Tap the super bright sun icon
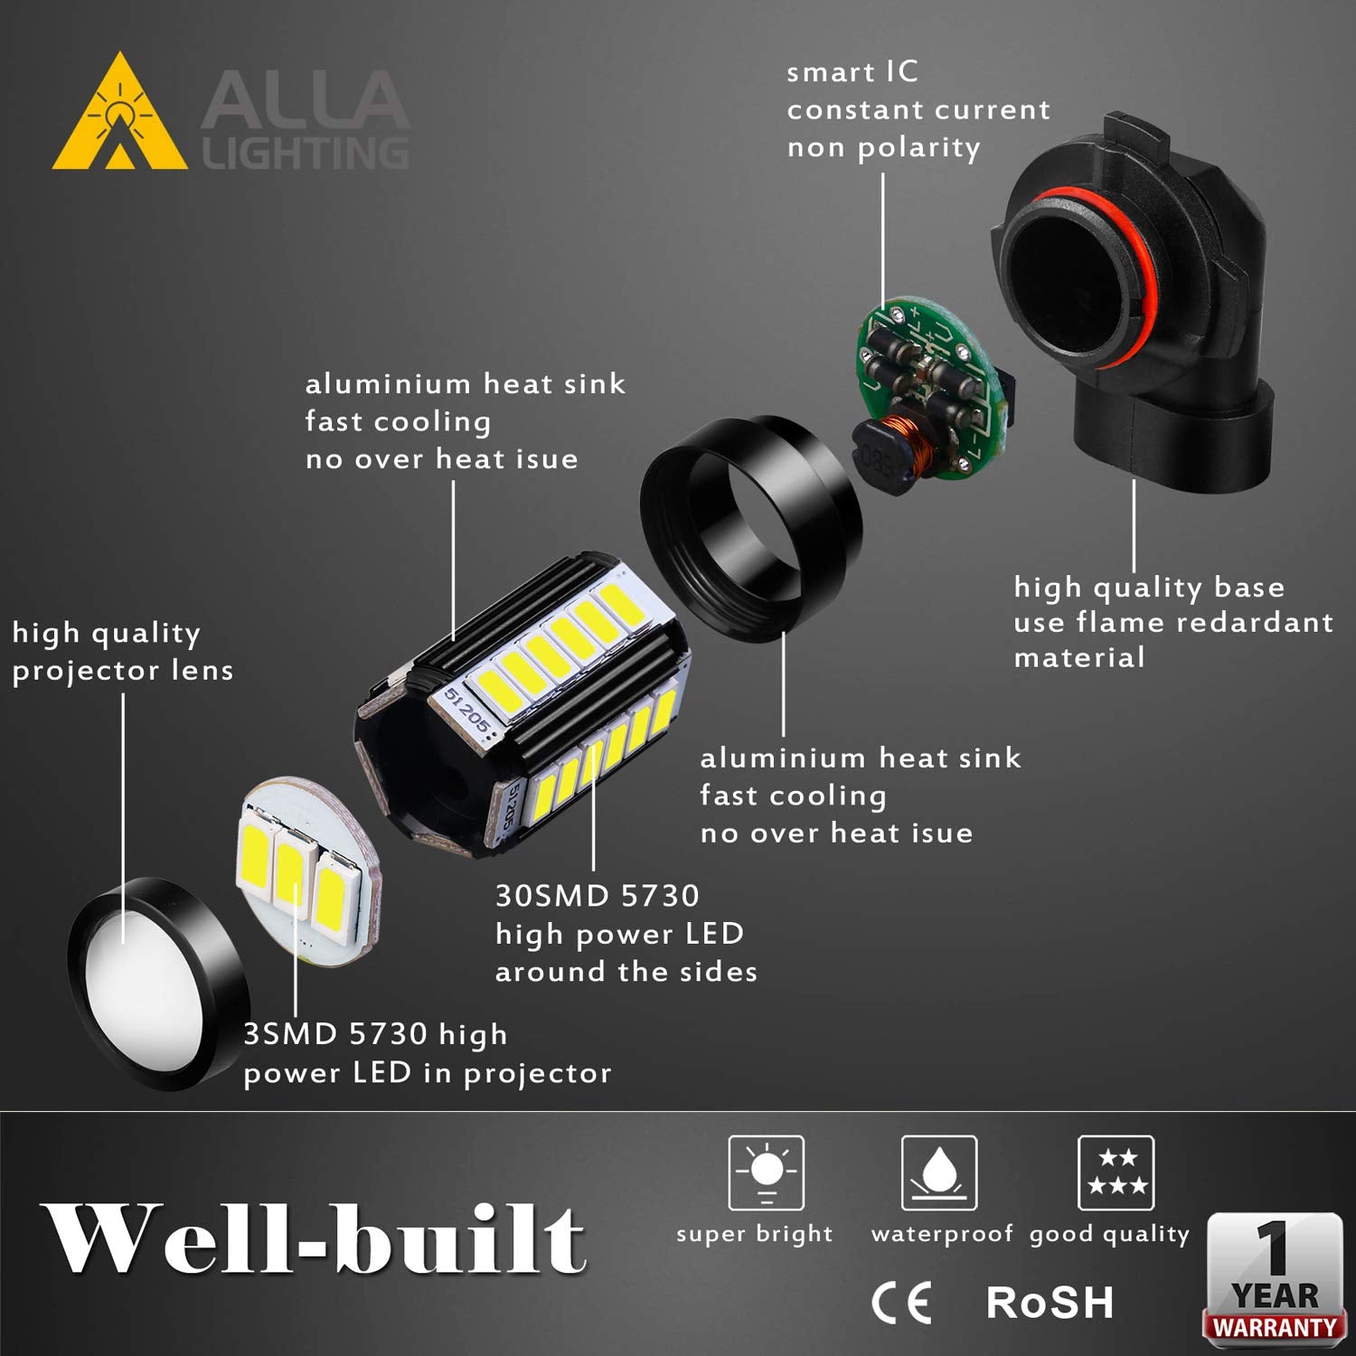click(x=767, y=1172)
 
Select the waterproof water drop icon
click(x=939, y=1172)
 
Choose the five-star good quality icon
click(x=1116, y=1172)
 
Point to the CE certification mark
click(x=901, y=1303)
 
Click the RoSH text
click(x=1050, y=1303)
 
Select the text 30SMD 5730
click(x=598, y=896)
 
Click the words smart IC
click(x=852, y=72)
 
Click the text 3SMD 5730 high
click(x=375, y=1034)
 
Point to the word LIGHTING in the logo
click(x=306, y=153)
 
